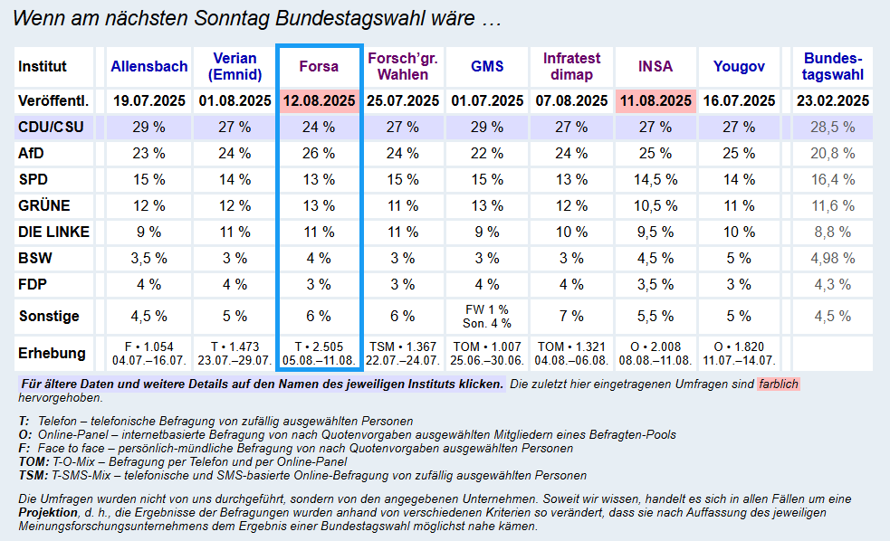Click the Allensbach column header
[149, 67]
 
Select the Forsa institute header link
[320, 67]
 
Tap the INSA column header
[655, 67]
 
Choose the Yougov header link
[739, 67]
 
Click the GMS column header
[487, 67]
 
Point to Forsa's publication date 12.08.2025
[320, 101]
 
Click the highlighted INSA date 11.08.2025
[655, 101]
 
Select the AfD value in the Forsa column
[320, 154]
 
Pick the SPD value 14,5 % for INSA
[655, 180]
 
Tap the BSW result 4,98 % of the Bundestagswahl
[833, 259]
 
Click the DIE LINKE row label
[54, 233]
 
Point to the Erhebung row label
[53, 354]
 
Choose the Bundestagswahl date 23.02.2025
[833, 101]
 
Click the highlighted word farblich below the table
[779, 384]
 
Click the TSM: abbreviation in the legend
[33, 475]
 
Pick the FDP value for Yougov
[739, 285]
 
